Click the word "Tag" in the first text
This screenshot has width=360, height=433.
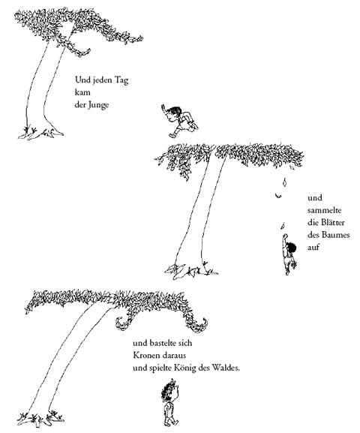click(121, 80)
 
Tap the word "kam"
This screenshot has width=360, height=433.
click(82, 92)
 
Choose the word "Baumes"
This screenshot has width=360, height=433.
click(335, 235)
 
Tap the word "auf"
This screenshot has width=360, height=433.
click(313, 247)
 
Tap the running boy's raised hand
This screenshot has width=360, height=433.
click(163, 108)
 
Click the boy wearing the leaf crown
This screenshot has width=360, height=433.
click(170, 402)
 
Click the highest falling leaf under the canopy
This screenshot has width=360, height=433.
click(284, 182)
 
